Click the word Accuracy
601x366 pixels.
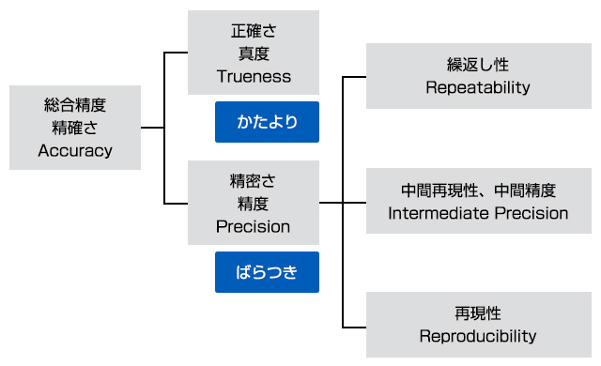click(75, 150)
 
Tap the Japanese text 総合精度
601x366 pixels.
click(75, 105)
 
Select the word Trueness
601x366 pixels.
click(253, 76)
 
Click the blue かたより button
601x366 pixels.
click(267, 122)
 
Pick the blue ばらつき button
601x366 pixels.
click(267, 272)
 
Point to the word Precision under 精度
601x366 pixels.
click(253, 226)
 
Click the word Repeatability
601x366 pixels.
click(478, 88)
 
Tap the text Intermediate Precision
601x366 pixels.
click(478, 213)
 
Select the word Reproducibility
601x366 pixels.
click(478, 336)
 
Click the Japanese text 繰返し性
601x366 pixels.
click(478, 66)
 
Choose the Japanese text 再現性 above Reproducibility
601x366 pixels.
click(478, 313)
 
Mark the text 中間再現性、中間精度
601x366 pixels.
click(478, 191)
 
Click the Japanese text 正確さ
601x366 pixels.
click(253, 31)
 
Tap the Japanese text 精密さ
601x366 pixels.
click(253, 181)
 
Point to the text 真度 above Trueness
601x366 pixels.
click(253, 53)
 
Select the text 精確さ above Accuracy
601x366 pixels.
click(75, 128)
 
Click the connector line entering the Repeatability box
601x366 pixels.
click(354, 77)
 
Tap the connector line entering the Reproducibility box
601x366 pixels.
click(354, 328)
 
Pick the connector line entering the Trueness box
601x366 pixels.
click(177, 53)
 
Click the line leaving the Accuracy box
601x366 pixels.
click(152, 128)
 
